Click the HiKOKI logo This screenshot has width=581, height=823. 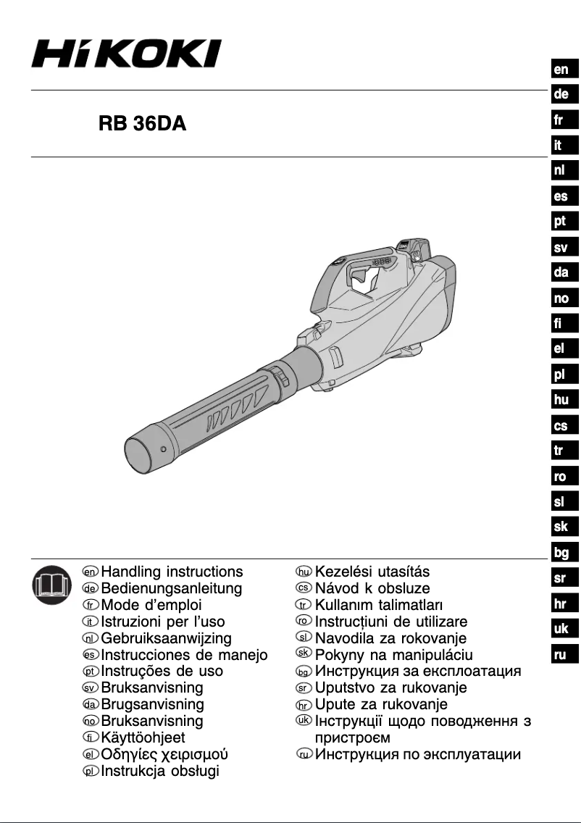(x=126, y=54)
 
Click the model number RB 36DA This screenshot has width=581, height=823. (x=143, y=124)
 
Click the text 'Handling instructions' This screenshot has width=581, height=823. (x=172, y=572)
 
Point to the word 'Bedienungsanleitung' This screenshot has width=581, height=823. (x=172, y=588)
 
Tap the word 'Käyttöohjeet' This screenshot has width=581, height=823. (x=143, y=738)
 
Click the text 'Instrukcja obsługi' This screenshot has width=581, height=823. (x=159, y=771)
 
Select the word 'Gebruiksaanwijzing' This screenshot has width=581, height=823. (x=167, y=638)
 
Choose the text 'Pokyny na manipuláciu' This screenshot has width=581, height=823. (x=394, y=655)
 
